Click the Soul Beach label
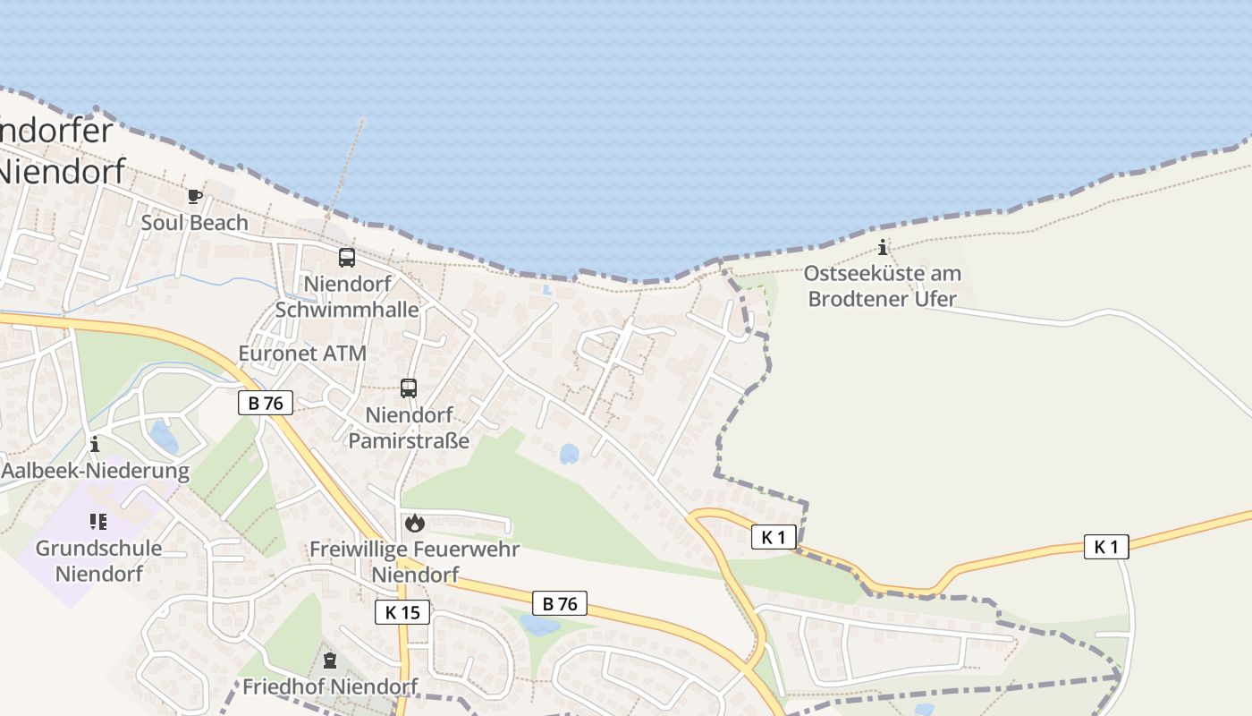194,222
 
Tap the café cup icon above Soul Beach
194,196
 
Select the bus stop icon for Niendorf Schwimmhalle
347,258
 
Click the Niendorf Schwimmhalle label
347,296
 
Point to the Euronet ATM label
302,354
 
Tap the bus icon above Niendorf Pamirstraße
409,388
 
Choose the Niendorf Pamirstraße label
409,428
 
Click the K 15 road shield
402,612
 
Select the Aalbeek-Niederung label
96,471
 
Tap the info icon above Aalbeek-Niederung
95,444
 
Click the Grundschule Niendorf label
98,560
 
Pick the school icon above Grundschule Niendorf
98,521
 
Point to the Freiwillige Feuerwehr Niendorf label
414,561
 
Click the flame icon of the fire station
414,523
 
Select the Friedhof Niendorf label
330,686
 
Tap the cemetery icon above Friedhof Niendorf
330,661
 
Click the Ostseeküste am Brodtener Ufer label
883,286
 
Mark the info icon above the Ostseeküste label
883,247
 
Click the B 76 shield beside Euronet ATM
266,403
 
